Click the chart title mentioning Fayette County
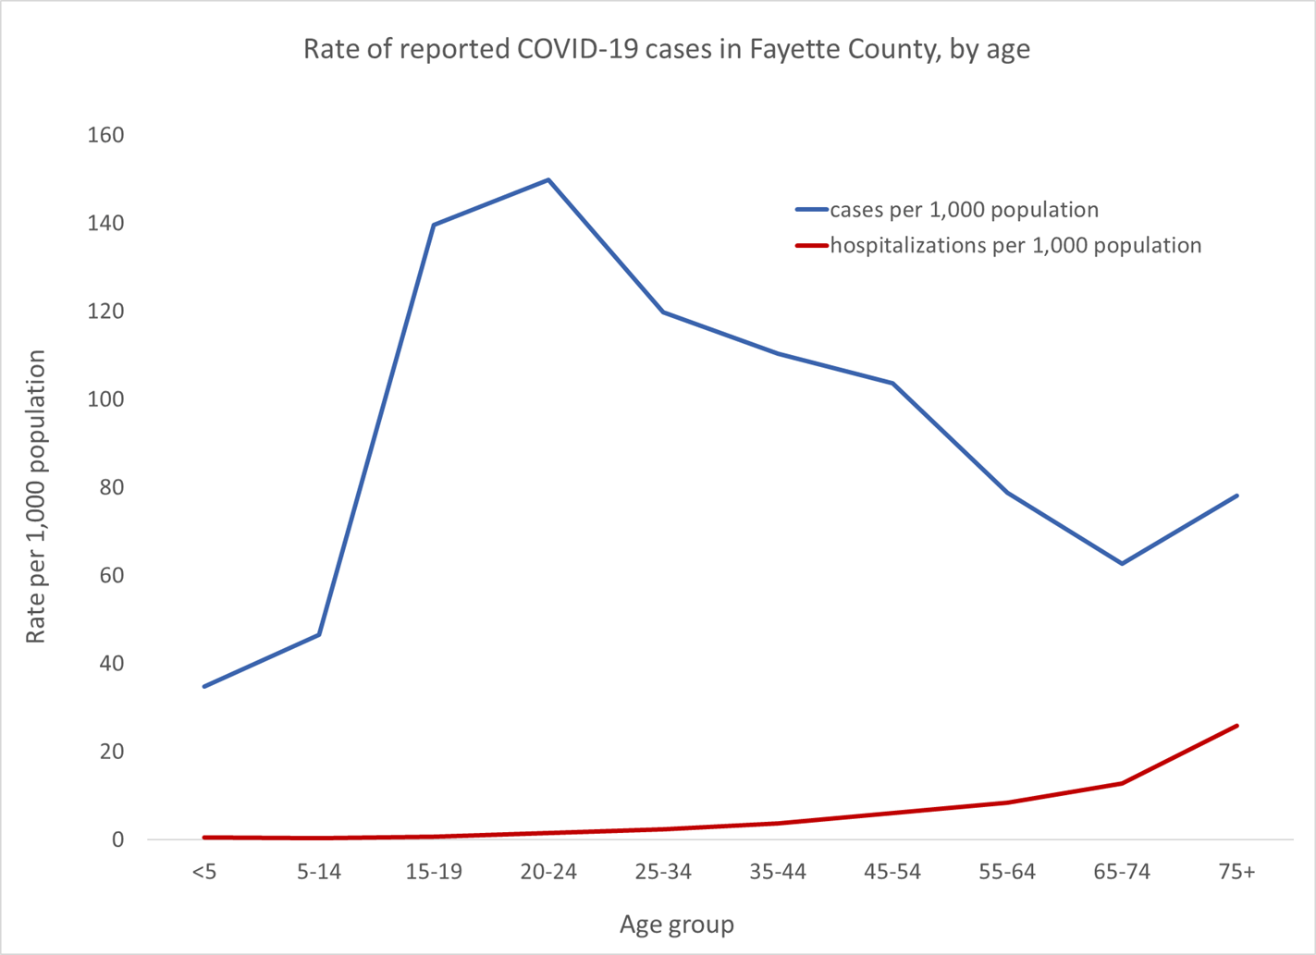[x=666, y=49]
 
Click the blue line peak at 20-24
[x=548, y=179]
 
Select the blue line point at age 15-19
[x=434, y=225]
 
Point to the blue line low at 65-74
[x=1122, y=563]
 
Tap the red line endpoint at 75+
[x=1236, y=726]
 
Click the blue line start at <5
[x=204, y=686]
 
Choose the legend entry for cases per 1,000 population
[x=964, y=210]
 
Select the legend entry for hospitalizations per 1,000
[x=1015, y=246]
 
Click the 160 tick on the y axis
[x=105, y=135]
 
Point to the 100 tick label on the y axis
[x=105, y=399]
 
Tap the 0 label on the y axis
[x=117, y=839]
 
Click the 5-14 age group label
[x=319, y=872]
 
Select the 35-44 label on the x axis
[x=778, y=872]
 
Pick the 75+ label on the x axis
[x=1236, y=872]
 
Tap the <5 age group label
[x=204, y=872]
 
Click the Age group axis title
[x=676, y=924]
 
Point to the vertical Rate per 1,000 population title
[x=35, y=496]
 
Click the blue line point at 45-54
[x=892, y=383]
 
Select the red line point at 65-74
[x=1122, y=783]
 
